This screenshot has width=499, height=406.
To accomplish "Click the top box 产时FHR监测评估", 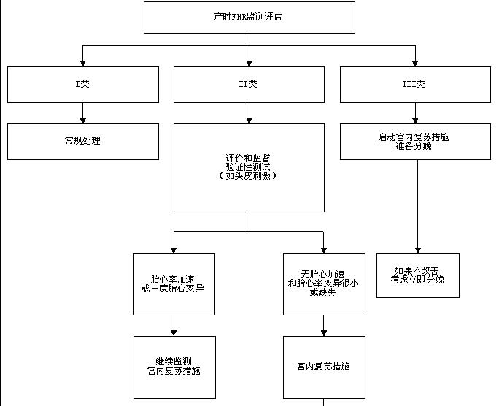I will point(249,17).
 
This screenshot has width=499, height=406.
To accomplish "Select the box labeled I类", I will point(82,84).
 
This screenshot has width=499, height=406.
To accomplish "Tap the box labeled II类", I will point(249,84).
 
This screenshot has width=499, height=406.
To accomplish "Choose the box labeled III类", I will point(414,84).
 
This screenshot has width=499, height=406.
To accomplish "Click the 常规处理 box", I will point(82,141).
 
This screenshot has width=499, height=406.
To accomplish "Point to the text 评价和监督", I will point(249,158).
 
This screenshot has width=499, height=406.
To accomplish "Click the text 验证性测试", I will point(249,166).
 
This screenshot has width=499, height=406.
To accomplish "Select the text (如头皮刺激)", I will point(249,175).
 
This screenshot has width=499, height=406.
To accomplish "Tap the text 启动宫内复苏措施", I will point(414,137).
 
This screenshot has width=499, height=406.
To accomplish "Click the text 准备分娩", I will point(414,145).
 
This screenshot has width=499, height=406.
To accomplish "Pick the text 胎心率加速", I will point(173,280).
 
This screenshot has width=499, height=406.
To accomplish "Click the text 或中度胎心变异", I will point(173,288).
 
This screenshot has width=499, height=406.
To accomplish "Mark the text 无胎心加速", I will point(323,274).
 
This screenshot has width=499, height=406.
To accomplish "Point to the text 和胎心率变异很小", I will point(323,283).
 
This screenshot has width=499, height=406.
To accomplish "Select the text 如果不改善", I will point(417,270).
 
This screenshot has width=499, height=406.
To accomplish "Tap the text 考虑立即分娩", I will point(417,279).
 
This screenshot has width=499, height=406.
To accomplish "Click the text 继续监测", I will point(174,361).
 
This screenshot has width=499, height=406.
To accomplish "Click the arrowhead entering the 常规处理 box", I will point(82,119).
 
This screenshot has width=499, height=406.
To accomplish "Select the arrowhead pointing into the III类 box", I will point(415,62).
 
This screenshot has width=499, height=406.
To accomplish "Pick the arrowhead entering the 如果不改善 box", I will point(418,249).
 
